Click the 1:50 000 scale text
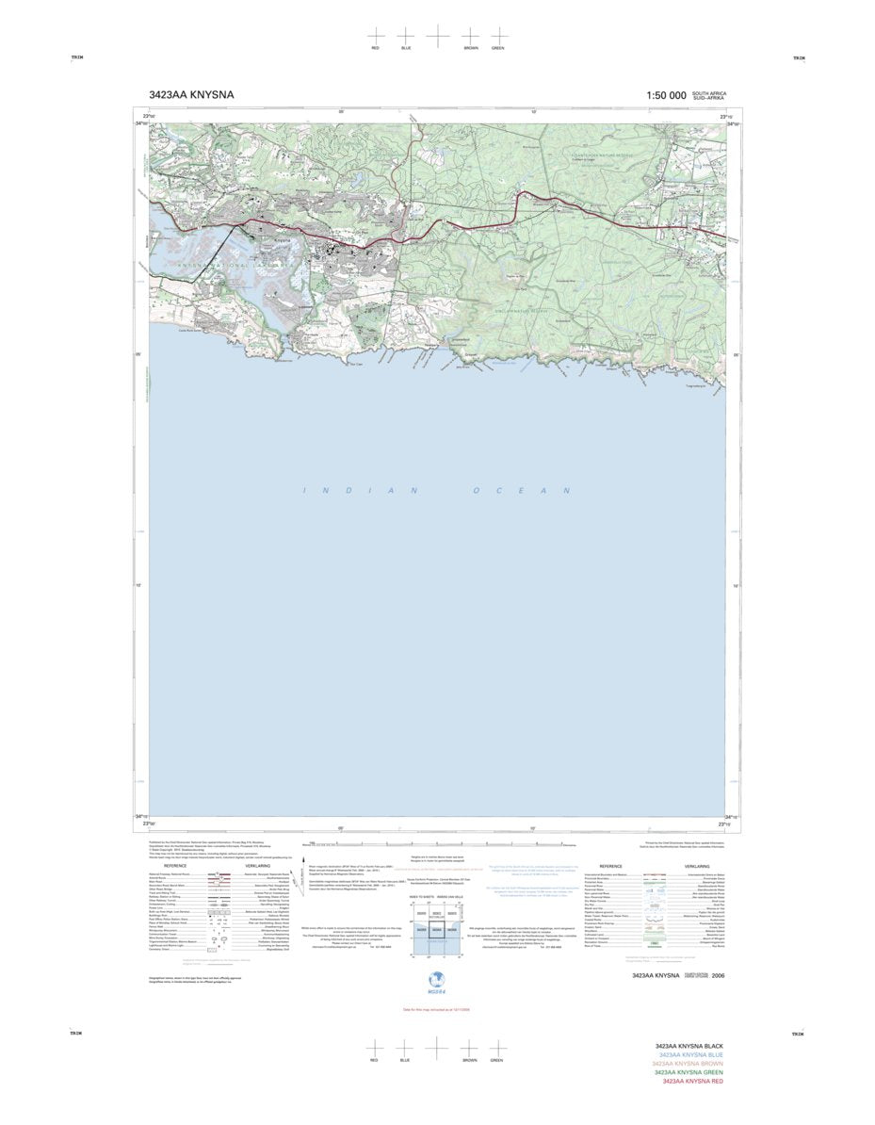666,95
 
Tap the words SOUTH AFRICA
709,92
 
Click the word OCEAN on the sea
521,491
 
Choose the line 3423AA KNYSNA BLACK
689,1046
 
